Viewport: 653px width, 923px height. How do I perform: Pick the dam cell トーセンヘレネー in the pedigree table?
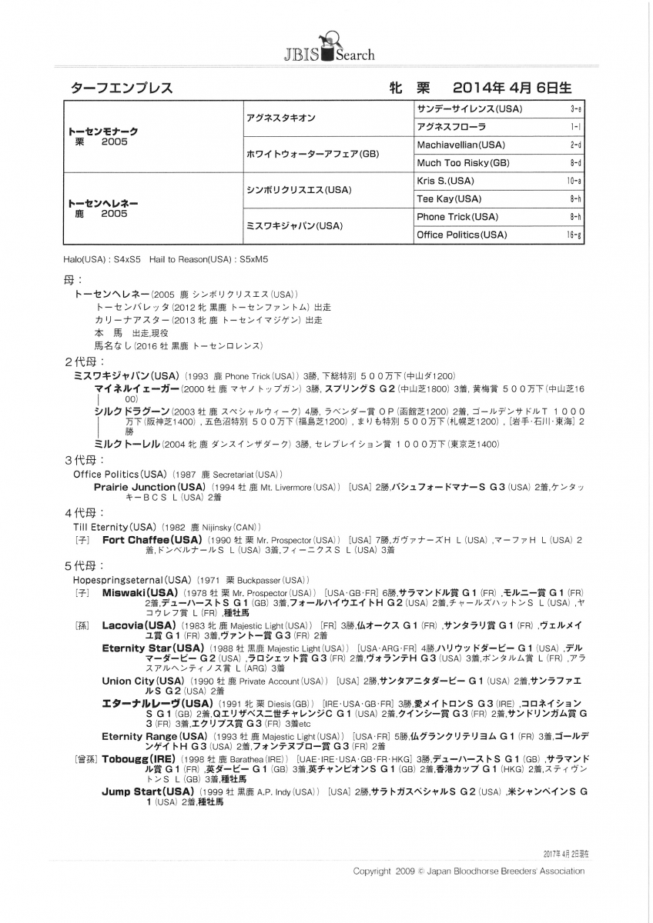tap(103, 203)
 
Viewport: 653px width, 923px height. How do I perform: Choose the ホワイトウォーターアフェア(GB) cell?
tap(302, 154)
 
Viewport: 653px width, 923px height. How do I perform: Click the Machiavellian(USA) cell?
tap(460, 145)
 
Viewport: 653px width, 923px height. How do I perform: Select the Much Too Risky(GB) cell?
tap(463, 163)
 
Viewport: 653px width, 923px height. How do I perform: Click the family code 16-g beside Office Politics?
tap(574, 235)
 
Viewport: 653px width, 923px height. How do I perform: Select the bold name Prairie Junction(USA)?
tap(149, 487)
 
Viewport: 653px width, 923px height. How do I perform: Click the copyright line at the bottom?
tap(468, 871)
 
